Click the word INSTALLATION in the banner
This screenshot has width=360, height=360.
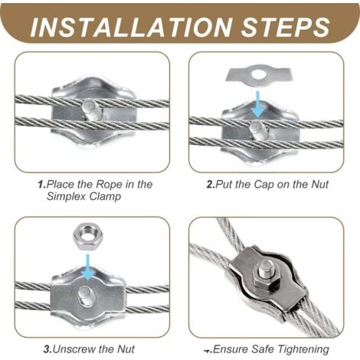[x=131, y=27]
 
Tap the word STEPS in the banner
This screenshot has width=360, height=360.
[x=286, y=27]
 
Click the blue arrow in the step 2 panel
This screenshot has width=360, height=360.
[x=258, y=104]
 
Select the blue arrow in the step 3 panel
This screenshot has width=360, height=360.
[x=88, y=267]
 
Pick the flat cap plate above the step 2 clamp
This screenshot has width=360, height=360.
[x=258, y=75]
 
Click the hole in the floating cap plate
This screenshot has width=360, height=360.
[x=259, y=74]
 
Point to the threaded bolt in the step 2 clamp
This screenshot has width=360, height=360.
[x=258, y=130]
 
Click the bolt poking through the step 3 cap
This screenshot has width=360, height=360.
[x=86, y=295]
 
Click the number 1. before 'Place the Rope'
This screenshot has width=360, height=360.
[x=42, y=185]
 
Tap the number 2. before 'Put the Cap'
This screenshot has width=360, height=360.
[x=211, y=185]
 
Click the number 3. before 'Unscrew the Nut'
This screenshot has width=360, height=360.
[x=47, y=349]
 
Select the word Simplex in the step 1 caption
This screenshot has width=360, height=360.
[x=66, y=197]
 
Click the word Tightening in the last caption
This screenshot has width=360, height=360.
[x=303, y=349]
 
